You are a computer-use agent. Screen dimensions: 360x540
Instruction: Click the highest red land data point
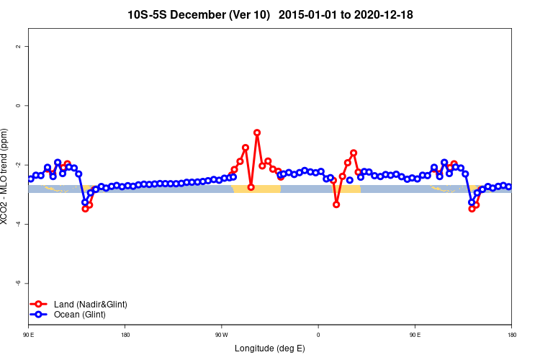coord(257,132)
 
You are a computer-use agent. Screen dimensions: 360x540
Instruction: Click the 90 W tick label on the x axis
coord(221,334)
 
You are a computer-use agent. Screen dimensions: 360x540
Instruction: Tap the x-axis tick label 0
coord(318,334)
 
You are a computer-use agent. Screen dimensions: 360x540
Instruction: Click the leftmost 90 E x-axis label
coord(28,334)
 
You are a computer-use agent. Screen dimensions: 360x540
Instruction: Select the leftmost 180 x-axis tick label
coord(125,334)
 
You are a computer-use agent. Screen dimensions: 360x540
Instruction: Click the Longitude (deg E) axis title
coord(270,348)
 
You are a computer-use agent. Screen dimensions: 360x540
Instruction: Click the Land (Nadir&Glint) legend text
coord(91,305)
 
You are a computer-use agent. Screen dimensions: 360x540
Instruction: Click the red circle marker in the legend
coord(40,305)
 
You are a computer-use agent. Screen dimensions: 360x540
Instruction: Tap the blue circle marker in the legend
coord(40,315)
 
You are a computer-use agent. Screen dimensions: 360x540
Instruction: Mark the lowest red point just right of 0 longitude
coord(336,204)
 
